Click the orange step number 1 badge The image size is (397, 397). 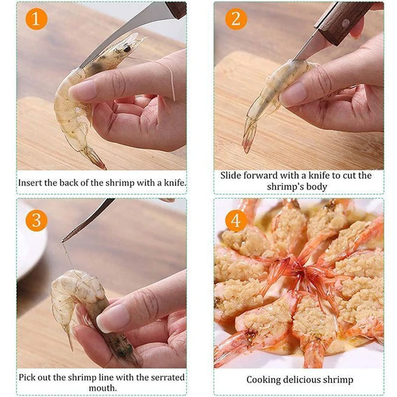(36, 19)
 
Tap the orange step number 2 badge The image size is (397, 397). (236, 19)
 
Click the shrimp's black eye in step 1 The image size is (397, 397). (127, 49)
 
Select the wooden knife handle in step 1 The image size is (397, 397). (176, 8)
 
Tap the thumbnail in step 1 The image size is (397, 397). (82, 90)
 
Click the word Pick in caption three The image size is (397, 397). (28, 377)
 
